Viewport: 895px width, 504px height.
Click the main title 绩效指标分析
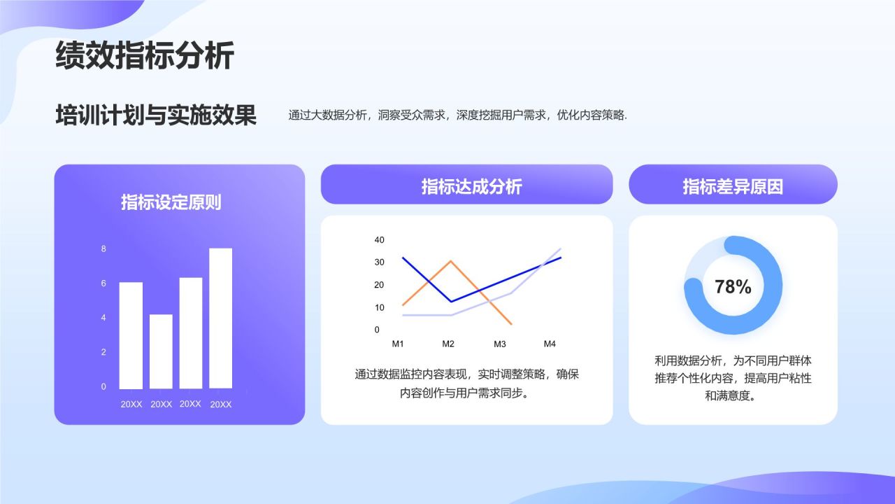pyautogui.click(x=144, y=55)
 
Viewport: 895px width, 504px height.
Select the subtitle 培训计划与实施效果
pyautogui.click(x=156, y=115)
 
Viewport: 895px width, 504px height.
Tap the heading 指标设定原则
pyautogui.click(x=171, y=202)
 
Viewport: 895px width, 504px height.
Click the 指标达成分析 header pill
pyautogui.click(x=466, y=185)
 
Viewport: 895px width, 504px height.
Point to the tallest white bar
pyautogui.click(x=220, y=318)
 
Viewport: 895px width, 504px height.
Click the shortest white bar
pyautogui.click(x=161, y=351)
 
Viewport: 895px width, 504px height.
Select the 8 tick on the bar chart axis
pyautogui.click(x=103, y=249)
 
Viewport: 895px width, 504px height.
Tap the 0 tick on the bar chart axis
pyautogui.click(x=103, y=386)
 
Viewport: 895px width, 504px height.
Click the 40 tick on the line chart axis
pyautogui.click(x=380, y=240)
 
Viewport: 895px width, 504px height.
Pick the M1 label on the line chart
pyautogui.click(x=398, y=344)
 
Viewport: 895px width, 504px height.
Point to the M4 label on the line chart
pyautogui.click(x=550, y=344)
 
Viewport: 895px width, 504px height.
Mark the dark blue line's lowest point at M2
pyautogui.click(x=451, y=302)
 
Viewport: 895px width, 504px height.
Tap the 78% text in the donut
pyautogui.click(x=733, y=286)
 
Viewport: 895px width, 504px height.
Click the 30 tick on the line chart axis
pyautogui.click(x=380, y=262)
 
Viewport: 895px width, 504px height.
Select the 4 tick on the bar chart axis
pyautogui.click(x=103, y=318)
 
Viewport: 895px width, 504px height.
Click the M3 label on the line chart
pyautogui.click(x=500, y=344)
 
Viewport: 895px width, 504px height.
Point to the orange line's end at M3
pyautogui.click(x=512, y=324)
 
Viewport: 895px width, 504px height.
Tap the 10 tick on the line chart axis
pyautogui.click(x=380, y=307)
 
